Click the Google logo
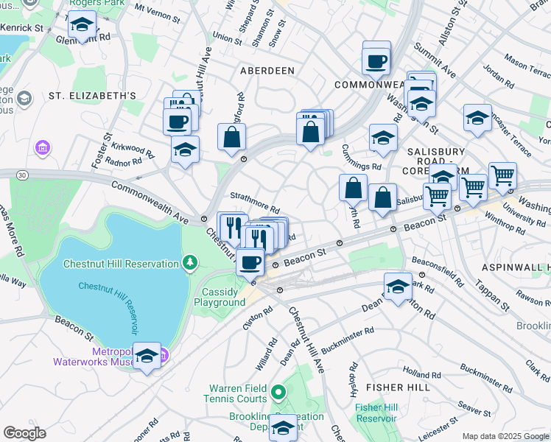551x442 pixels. click(24, 433)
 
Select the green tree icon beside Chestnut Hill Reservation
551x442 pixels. click(190, 262)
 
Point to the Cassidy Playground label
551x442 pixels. click(223, 297)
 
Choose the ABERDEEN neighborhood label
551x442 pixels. click(267, 71)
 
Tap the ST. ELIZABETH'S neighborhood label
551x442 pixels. click(92, 96)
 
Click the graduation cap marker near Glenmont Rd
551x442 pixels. click(82, 25)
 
